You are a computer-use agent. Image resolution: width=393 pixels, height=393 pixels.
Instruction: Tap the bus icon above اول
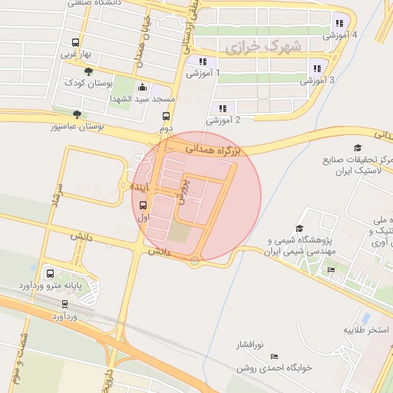point(144,204)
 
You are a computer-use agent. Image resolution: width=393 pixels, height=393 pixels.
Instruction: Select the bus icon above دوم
point(166,117)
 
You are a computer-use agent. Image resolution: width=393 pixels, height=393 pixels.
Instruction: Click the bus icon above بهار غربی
point(75,43)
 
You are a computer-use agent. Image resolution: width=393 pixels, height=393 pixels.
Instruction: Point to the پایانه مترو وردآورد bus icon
point(51,273)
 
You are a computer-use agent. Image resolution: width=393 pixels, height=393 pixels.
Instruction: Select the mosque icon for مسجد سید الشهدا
point(142,88)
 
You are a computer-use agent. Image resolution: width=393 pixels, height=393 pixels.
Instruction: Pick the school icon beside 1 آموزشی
point(203,61)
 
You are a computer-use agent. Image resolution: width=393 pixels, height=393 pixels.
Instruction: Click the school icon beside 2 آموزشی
point(223,108)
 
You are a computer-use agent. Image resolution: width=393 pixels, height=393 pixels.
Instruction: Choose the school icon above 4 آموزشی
point(339,23)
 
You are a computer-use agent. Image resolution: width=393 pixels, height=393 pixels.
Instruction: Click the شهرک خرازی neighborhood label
point(254,48)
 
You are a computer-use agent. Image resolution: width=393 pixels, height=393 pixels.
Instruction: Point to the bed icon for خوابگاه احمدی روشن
point(275,357)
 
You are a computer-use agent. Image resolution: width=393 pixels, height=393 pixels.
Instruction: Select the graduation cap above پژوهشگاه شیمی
point(299,228)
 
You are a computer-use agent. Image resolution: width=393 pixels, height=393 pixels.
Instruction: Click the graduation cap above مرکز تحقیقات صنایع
point(357,147)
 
